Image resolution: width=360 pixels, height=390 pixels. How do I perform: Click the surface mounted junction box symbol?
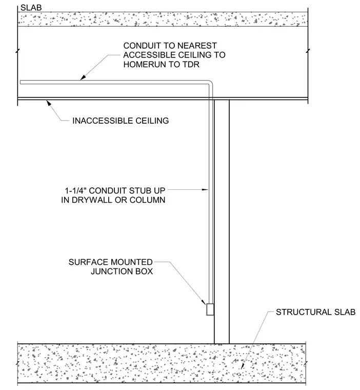click(210, 309)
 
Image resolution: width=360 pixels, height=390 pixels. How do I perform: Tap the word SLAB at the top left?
click(31, 8)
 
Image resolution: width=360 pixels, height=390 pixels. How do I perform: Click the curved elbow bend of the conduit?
click(211, 83)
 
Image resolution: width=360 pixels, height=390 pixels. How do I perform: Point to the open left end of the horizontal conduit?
click(21, 82)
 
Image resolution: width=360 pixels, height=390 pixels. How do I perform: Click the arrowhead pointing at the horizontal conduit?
click(83, 77)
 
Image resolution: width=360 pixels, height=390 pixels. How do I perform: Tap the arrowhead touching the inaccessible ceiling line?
click(49, 103)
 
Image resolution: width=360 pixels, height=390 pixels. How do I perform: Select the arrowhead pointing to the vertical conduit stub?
click(205, 190)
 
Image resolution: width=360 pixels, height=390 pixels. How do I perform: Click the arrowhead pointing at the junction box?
click(204, 302)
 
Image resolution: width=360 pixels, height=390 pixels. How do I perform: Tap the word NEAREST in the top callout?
click(197, 46)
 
